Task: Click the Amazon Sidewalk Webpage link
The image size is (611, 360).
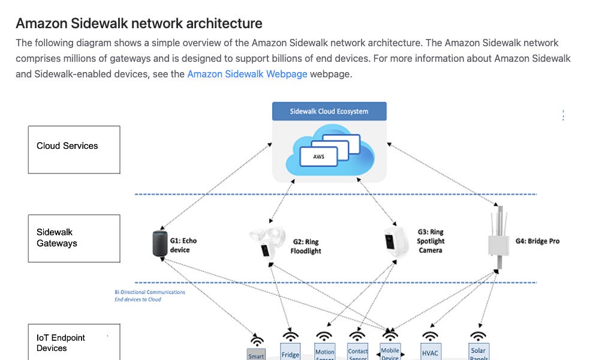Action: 247,74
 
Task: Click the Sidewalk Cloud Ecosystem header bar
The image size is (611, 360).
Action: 329,112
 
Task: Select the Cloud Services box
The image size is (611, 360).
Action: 74,149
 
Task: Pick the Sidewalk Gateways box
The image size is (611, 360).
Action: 74,238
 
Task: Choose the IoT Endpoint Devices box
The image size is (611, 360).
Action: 74,343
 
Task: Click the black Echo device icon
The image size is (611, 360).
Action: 158,244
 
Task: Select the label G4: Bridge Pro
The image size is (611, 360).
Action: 537,241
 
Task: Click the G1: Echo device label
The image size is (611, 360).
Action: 183,245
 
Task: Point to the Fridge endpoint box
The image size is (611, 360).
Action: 290,352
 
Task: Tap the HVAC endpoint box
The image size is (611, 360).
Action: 431,352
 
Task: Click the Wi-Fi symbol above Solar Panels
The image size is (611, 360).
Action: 478,335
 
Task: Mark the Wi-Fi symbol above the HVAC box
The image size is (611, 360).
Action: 430,335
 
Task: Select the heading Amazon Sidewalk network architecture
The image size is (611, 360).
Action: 139,23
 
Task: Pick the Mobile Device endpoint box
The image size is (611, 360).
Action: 390,352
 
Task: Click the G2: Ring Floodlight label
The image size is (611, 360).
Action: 306,247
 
